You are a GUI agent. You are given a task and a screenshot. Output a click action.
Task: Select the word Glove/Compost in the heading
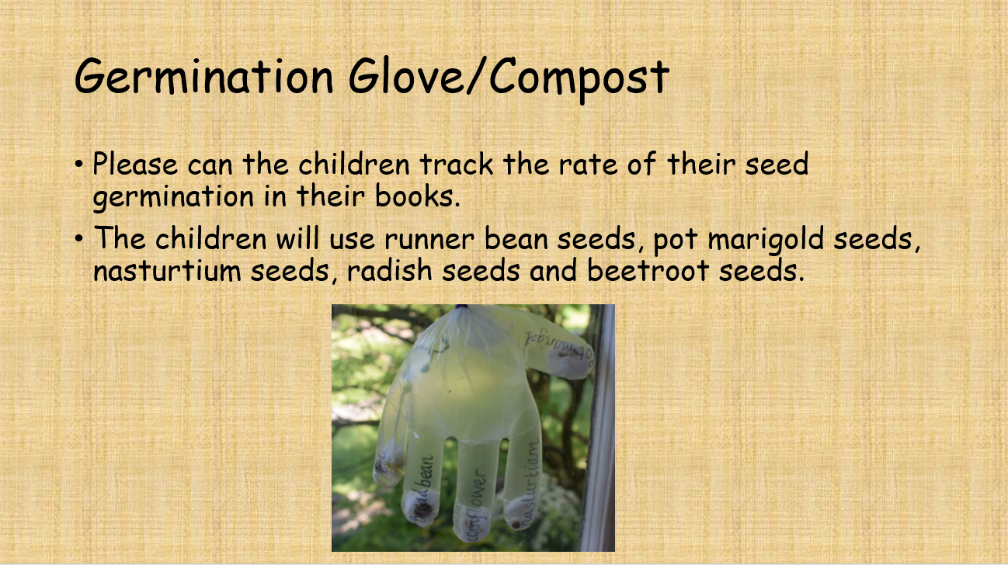[x=508, y=79]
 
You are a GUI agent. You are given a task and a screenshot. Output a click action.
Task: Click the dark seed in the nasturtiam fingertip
[x=513, y=513]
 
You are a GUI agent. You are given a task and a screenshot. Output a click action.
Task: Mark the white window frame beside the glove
[x=600, y=427]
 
